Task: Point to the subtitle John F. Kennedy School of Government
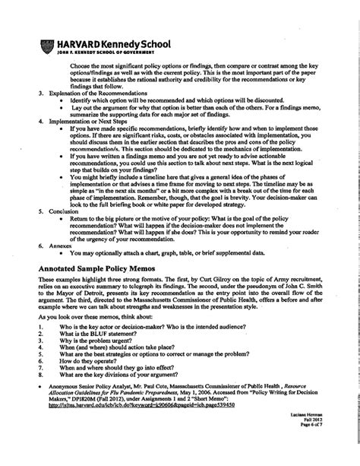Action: coord(101,55)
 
